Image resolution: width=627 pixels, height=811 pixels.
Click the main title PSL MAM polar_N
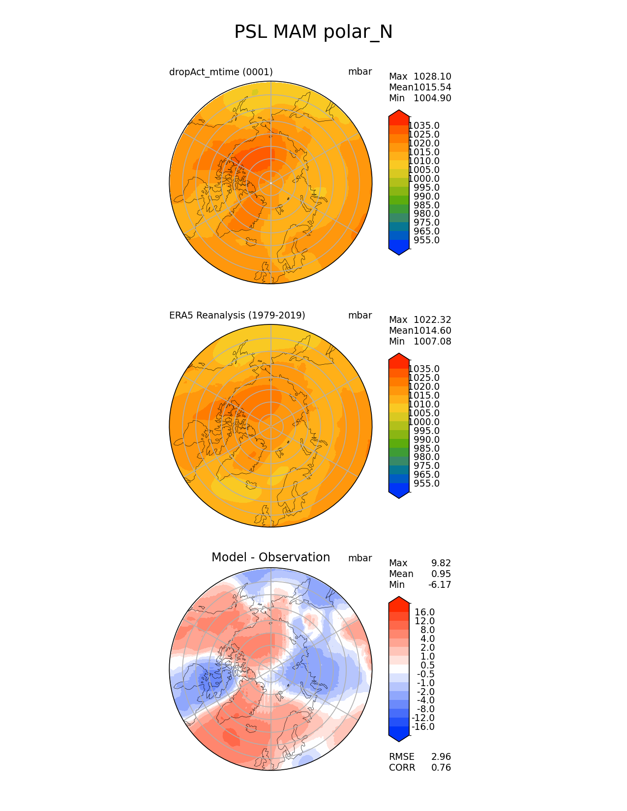pos(313,32)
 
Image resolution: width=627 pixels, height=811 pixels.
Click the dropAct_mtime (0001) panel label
pos(221,72)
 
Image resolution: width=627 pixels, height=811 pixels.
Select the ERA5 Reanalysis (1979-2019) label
pos(237,316)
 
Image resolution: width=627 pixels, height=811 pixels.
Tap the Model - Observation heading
pos(270,557)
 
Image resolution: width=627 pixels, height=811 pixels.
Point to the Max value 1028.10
pos(432,77)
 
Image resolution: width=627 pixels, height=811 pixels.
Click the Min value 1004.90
pos(432,98)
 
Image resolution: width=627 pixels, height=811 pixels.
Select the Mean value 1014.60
pos(432,331)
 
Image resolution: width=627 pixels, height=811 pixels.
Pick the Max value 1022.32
pos(432,320)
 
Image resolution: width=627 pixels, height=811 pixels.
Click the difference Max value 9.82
pos(441,563)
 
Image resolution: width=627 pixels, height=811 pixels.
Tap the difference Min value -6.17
pos(440,585)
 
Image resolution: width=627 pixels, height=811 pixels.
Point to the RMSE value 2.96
pos(441,757)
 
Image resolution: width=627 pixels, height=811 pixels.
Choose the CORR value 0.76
pos(441,768)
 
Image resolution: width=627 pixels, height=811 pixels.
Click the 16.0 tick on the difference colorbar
pos(424,612)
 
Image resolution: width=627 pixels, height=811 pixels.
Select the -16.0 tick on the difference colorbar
pos(423,727)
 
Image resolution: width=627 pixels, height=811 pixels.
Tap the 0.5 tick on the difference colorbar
pos(427,666)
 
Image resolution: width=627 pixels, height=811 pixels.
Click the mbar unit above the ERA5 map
pos(360,316)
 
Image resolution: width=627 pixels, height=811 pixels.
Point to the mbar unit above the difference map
pos(360,558)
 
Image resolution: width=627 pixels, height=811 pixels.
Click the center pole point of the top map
pos(270,183)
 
